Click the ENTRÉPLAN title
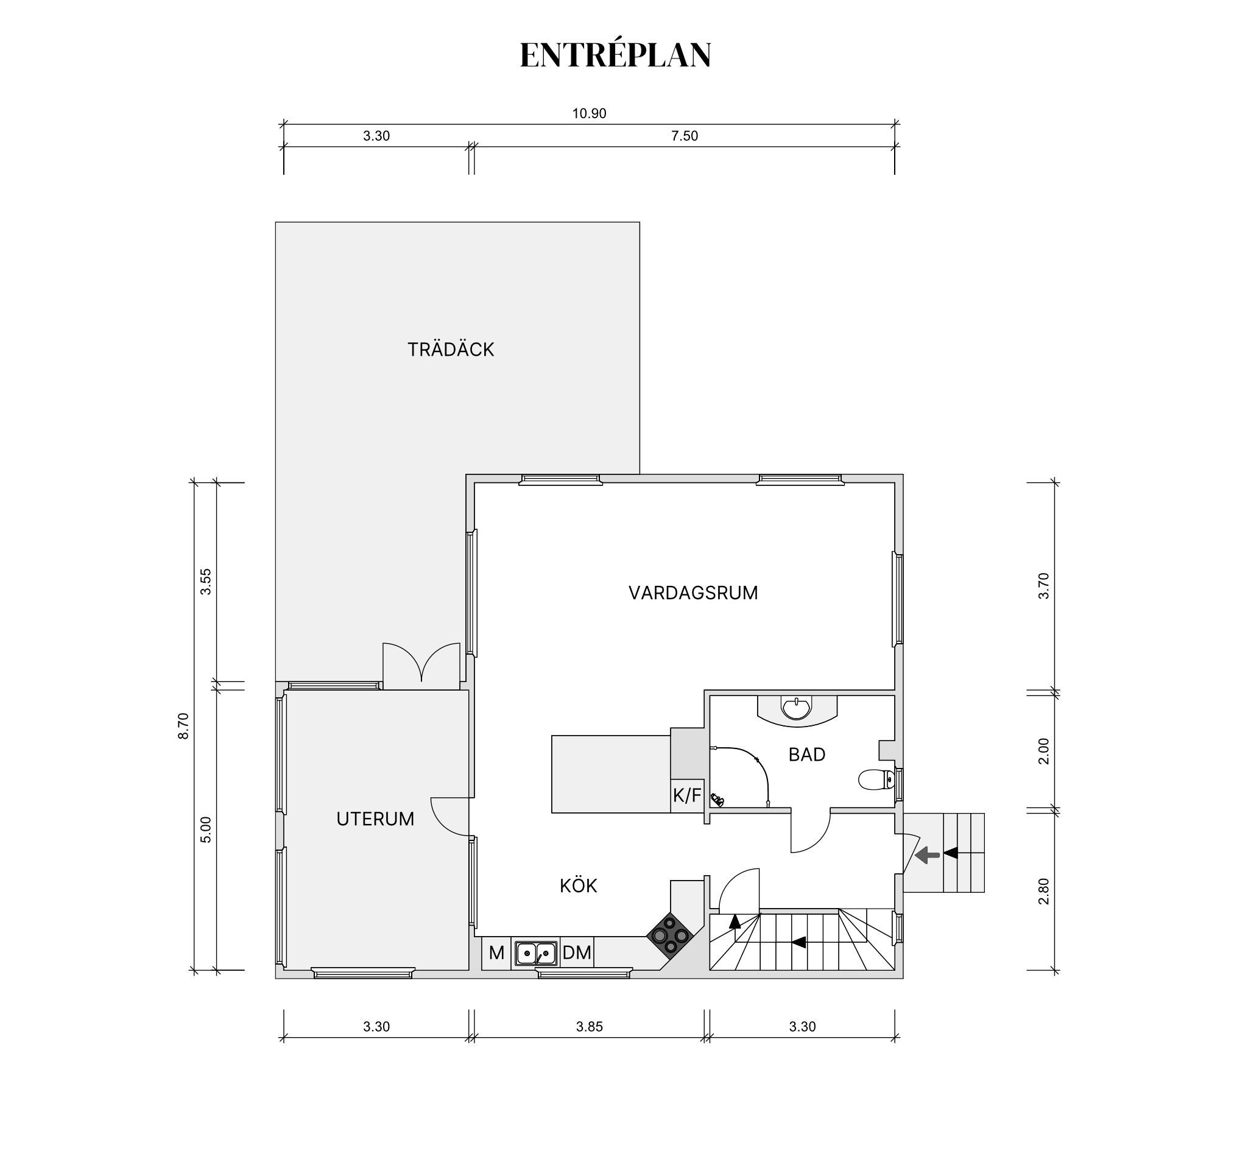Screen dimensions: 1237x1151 (615, 55)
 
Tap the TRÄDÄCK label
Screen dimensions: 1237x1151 (451, 350)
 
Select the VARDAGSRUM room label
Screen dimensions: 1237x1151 (693, 593)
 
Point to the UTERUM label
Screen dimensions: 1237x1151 (375, 818)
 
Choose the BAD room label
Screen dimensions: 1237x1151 (807, 754)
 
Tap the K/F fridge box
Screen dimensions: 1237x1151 (687, 796)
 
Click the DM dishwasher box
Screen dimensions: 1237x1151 (577, 952)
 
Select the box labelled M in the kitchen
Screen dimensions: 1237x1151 (496, 952)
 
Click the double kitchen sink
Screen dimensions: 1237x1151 (536, 952)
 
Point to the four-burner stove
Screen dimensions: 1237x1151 (669, 935)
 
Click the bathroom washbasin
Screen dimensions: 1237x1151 (797, 709)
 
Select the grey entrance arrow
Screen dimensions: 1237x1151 (927, 856)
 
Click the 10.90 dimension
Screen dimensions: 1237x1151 (588, 113)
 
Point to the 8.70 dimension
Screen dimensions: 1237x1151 (183, 725)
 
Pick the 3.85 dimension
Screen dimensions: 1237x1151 (588, 1027)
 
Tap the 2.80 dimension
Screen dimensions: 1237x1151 (1043, 891)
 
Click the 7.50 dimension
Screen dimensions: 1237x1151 (685, 136)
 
